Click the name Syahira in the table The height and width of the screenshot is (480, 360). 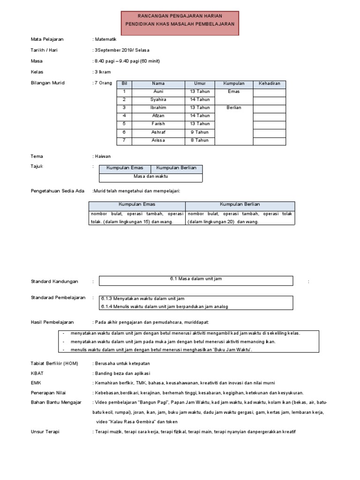coord(158,100)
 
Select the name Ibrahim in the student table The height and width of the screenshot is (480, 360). coord(158,108)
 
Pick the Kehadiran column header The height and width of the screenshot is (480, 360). coord(270,83)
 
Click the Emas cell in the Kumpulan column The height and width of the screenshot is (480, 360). coord(233,92)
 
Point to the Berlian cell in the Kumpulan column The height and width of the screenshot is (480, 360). coord(233,108)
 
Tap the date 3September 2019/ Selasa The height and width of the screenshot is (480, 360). coord(122,50)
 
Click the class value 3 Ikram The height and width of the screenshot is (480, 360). coord(103,72)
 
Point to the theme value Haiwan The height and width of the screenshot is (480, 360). coord(103,157)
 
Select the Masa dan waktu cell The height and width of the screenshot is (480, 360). coord(150,177)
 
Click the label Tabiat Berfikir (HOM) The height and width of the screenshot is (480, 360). coord(54,364)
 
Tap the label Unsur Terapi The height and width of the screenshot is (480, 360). coord(45,432)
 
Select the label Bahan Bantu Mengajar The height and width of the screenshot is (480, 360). coord(56,403)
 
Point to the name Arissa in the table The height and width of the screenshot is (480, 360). coord(158,140)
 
